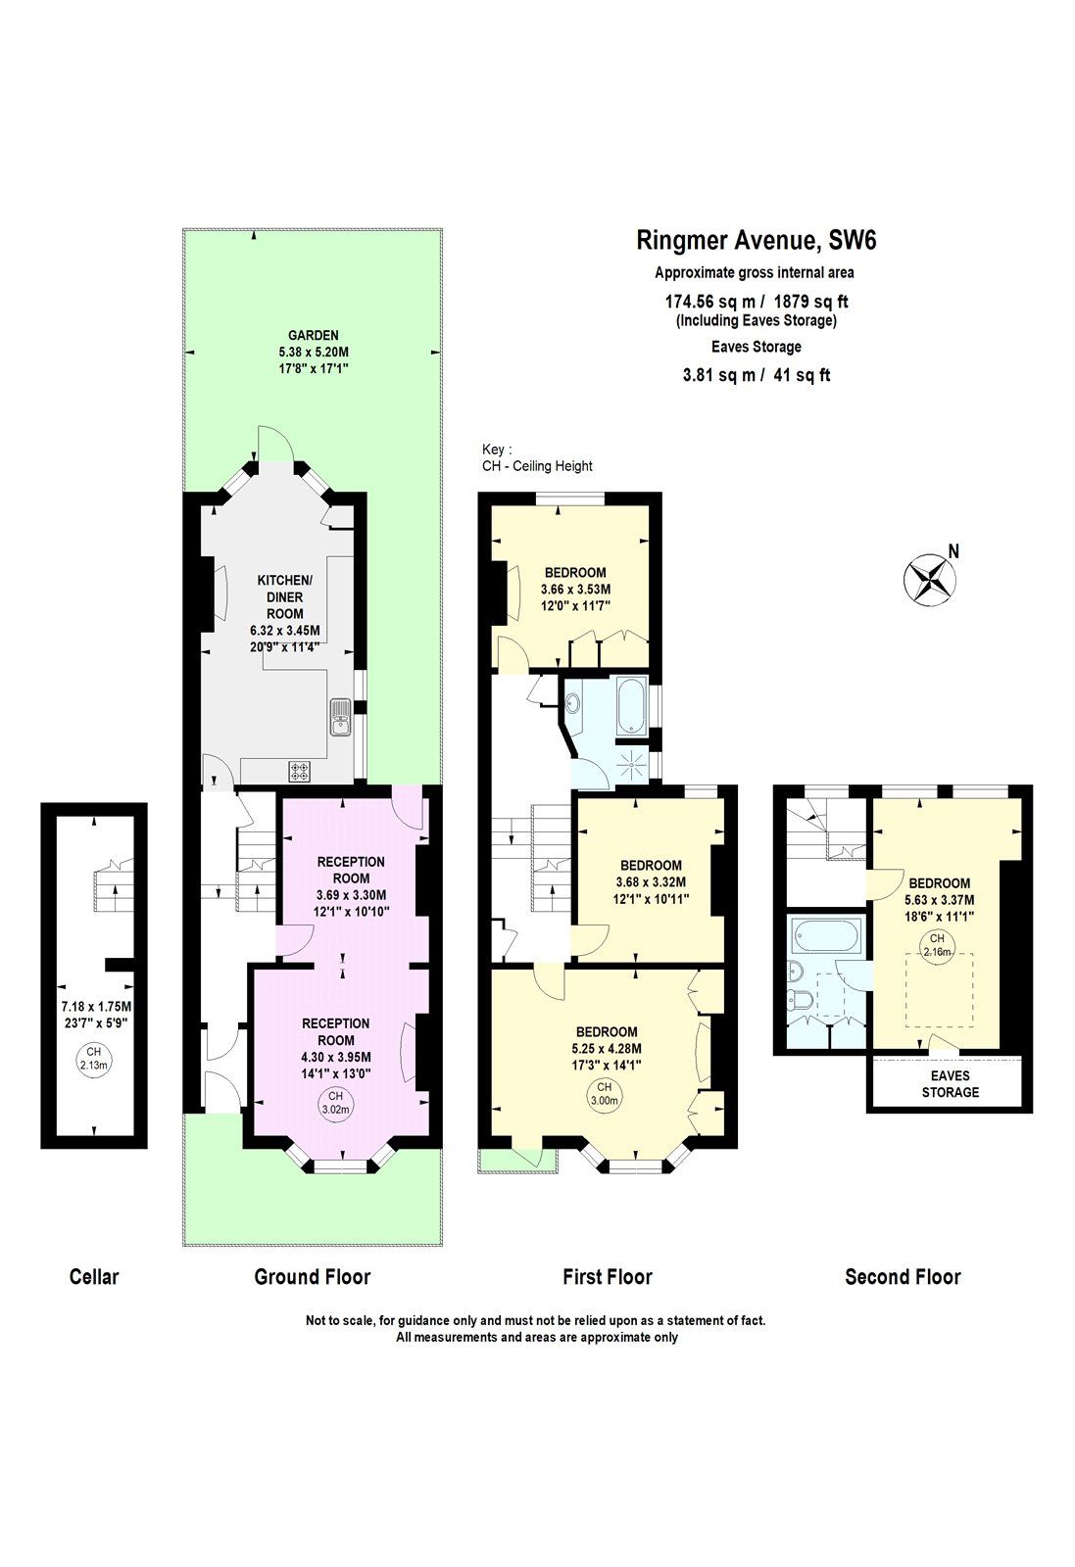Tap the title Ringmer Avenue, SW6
(749, 240)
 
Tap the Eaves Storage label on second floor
(950, 1083)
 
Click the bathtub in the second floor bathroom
(827, 937)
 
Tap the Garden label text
(313, 335)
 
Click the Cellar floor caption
(94, 1276)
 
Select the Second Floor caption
(903, 1276)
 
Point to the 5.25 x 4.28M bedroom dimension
(606, 1048)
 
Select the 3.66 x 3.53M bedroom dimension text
(575, 590)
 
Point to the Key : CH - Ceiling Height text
(536, 458)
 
